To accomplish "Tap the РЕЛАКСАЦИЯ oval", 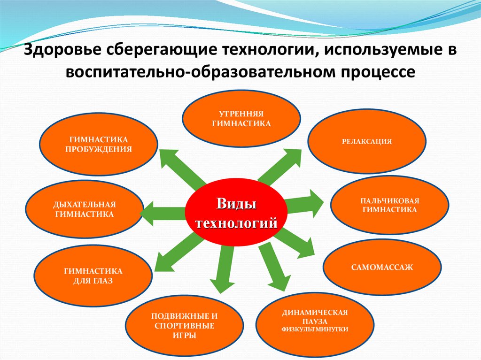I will point(367,141).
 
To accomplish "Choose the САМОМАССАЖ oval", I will point(382,267).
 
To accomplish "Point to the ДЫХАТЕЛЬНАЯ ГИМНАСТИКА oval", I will point(84,209).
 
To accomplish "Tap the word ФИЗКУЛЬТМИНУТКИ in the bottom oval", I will point(314,329).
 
